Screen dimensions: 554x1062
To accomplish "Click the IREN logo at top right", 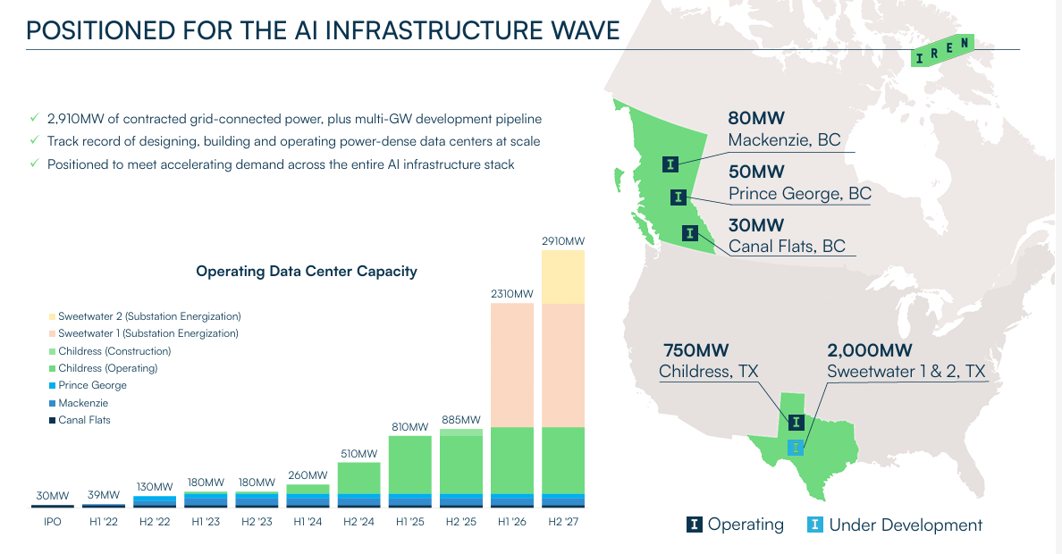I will [942, 52].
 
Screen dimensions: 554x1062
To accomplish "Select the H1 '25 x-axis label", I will [409, 521].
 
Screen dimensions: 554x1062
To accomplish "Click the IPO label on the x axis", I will [53, 521].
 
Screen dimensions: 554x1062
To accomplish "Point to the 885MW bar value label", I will [460, 420].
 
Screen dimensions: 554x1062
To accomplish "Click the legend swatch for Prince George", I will [52, 385].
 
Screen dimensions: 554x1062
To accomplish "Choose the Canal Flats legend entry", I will [84, 419].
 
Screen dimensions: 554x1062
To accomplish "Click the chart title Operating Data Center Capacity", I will [307, 272].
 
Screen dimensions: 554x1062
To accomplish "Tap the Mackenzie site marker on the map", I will [671, 164].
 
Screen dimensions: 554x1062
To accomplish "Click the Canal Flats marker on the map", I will [689, 233].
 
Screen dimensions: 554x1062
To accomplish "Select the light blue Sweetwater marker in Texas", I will [796, 447].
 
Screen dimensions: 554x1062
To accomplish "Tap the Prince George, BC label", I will [799, 194].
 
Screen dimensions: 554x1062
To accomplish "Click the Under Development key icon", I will [815, 525].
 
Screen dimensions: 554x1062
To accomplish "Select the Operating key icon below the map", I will [695, 525].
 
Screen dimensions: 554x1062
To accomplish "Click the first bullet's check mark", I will [34, 118].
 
